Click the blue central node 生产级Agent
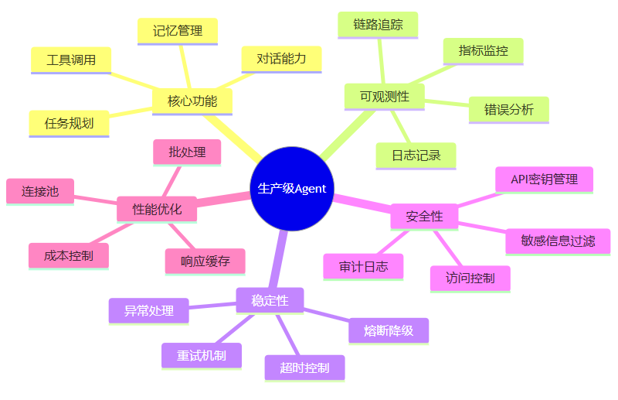pos(292,189)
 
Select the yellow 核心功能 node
pos(192,101)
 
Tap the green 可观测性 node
pos(385,97)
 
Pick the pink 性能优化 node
pos(157,210)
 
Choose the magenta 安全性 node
pos(424,217)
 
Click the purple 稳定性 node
pos(270,301)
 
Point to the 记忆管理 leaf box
pos(178,32)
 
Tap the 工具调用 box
pos(71,60)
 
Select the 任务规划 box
pos(69,124)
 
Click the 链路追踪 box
pos(378,26)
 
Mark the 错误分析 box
pos(509,110)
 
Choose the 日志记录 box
pos(416,156)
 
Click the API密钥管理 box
pos(545,180)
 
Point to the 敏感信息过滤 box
pos(558,242)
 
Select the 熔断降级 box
pos(389,331)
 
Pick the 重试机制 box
pos(202,356)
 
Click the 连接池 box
pos(40,192)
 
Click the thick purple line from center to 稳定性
pos(278,259)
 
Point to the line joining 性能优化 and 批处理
pos(171,181)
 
